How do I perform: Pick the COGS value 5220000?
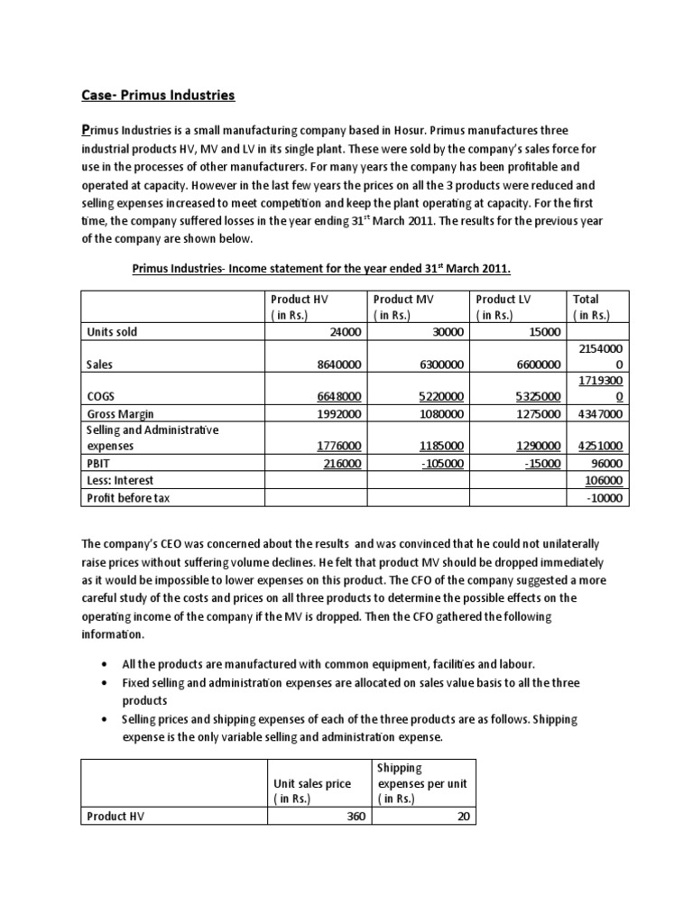436,396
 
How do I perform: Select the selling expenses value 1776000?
333,446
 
